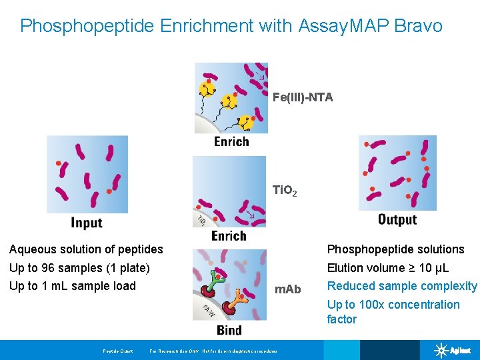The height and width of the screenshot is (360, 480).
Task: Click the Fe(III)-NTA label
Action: (x=303, y=97)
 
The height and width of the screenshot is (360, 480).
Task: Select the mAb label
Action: (x=288, y=289)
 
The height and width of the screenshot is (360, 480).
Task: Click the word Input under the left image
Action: (x=86, y=223)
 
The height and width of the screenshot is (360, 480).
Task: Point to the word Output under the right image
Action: (x=397, y=219)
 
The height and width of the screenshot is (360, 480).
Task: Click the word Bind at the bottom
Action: (x=229, y=330)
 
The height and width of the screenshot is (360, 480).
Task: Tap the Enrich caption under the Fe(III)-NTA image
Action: (x=231, y=141)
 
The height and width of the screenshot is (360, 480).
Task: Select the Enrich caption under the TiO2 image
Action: (x=229, y=235)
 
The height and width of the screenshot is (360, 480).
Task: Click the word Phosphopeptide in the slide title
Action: (x=86, y=26)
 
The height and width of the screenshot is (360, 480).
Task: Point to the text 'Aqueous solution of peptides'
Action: (x=86, y=249)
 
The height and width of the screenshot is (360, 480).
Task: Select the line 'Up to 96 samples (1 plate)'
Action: (x=79, y=268)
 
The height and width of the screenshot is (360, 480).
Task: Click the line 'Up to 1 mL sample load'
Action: (x=72, y=286)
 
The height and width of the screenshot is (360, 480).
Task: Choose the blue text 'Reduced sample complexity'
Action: (x=402, y=286)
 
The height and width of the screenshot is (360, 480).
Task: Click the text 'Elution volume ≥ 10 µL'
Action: (x=387, y=268)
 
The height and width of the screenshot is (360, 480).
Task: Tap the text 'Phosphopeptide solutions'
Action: (x=395, y=249)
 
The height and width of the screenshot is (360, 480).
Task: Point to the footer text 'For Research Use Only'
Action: (x=175, y=351)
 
